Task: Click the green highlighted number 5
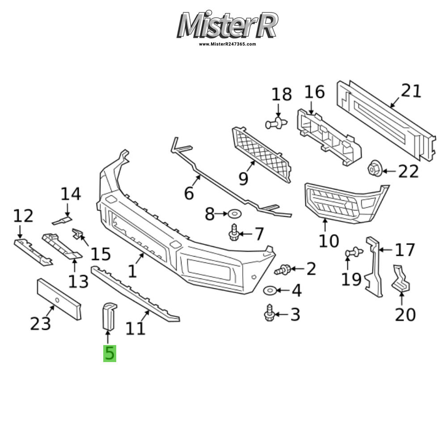click(110, 353)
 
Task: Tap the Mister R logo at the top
click(228, 25)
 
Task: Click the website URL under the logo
click(228, 44)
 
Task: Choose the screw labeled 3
click(269, 312)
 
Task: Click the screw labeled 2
click(284, 270)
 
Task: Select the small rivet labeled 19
click(353, 253)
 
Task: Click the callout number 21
click(411, 91)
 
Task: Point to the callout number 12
click(23, 216)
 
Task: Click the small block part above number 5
click(108, 316)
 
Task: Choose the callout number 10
click(329, 241)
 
